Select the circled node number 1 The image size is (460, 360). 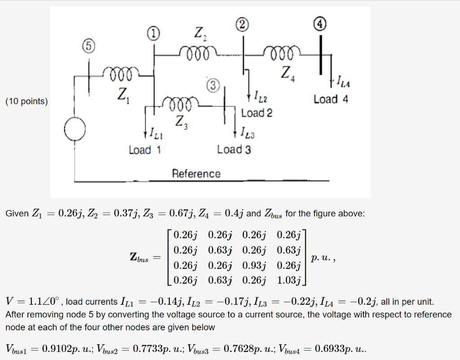pyautogui.click(x=153, y=33)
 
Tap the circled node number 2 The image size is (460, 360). pyautogui.click(x=243, y=25)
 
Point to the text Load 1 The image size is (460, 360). pyautogui.click(x=145, y=149)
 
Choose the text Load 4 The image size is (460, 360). pyautogui.click(x=331, y=99)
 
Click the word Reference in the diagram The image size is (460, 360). pyautogui.click(x=196, y=174)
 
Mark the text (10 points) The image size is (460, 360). pyautogui.click(x=26, y=101)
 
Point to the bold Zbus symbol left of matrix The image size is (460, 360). pyautogui.click(x=139, y=258)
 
